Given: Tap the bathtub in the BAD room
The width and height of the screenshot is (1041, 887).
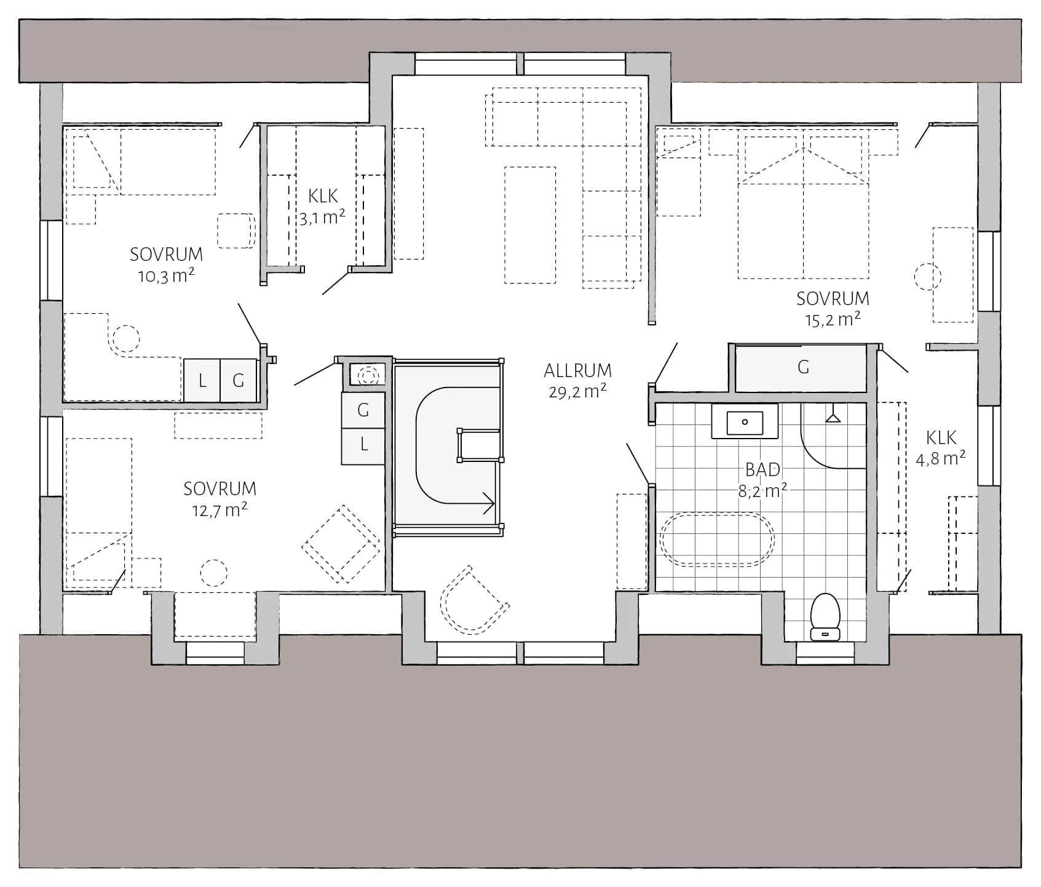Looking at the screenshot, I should (x=717, y=539).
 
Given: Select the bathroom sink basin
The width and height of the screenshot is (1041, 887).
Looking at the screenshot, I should (x=745, y=422).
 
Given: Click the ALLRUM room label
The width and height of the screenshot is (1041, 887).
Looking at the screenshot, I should (x=577, y=370).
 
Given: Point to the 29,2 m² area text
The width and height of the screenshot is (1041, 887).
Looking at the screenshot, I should (x=577, y=391).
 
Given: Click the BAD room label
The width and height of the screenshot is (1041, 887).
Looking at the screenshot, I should (x=762, y=470).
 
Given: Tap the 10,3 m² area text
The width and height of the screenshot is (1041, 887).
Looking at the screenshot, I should (x=166, y=276).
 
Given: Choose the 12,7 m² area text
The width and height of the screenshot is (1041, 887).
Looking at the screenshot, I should (x=220, y=510).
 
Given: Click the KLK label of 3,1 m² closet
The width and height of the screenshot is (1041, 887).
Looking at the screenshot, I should (x=323, y=196).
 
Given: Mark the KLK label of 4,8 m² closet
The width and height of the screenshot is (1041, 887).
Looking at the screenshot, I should (x=941, y=438).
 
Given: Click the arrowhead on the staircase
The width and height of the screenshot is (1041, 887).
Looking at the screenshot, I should (x=490, y=503).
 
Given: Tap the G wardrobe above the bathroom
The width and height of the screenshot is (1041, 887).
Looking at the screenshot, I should (x=802, y=367).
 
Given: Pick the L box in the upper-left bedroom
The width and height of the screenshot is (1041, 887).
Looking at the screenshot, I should (x=202, y=381).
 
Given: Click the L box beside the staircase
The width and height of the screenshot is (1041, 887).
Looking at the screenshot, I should (x=364, y=444).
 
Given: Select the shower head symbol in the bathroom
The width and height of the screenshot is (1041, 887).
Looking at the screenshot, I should (x=833, y=416).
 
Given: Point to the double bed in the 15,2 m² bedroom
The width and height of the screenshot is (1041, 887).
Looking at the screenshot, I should (x=803, y=221).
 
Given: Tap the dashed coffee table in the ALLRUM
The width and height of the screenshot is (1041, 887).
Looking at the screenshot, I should (x=529, y=225).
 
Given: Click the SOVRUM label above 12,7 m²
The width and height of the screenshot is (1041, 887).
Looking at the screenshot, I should (x=220, y=489).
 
